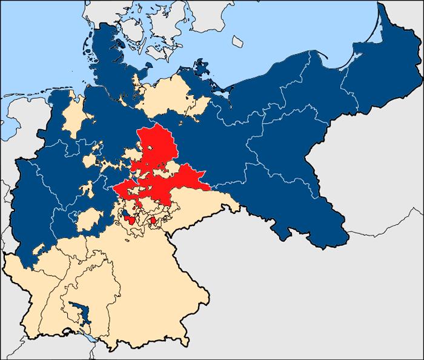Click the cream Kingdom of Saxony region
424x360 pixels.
[x=200, y=209]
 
